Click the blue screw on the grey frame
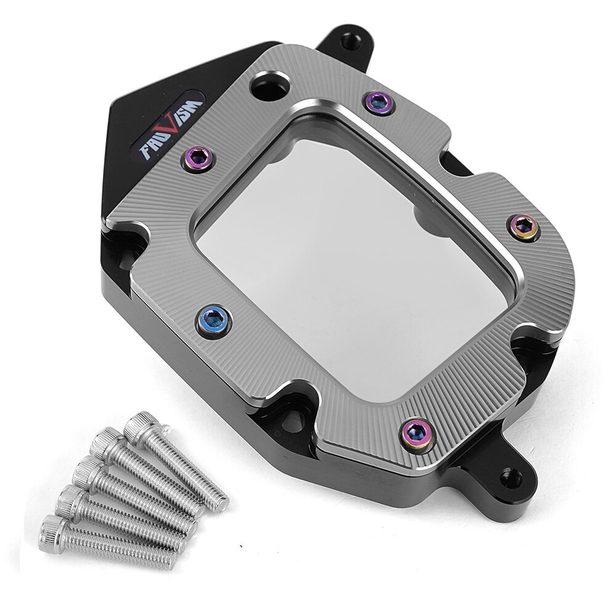pyautogui.click(x=213, y=321)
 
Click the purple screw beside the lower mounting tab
pyautogui.click(x=416, y=433)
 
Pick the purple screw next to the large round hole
pyautogui.click(x=378, y=102)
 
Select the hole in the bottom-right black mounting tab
pyautogui.click(x=512, y=478)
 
